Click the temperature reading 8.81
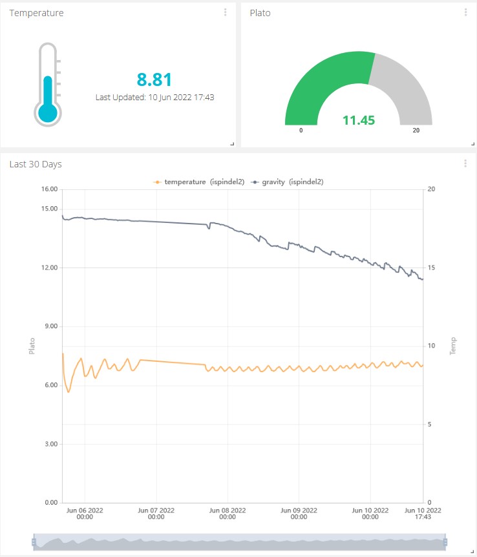(x=154, y=79)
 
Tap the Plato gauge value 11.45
(x=359, y=120)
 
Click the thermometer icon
(x=47, y=84)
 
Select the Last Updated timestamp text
(x=154, y=97)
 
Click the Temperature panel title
(x=36, y=13)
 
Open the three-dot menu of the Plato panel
(x=465, y=12)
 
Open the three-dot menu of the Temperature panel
(x=225, y=12)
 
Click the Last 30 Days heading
(x=36, y=164)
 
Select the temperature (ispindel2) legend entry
(x=199, y=182)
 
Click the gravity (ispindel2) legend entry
(x=288, y=182)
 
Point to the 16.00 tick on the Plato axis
(x=49, y=189)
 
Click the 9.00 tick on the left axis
(x=50, y=326)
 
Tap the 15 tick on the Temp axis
(x=431, y=268)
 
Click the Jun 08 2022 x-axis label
(x=228, y=513)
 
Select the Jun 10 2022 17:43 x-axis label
(x=423, y=513)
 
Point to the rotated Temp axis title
(x=453, y=346)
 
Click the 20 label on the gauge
(x=416, y=131)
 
